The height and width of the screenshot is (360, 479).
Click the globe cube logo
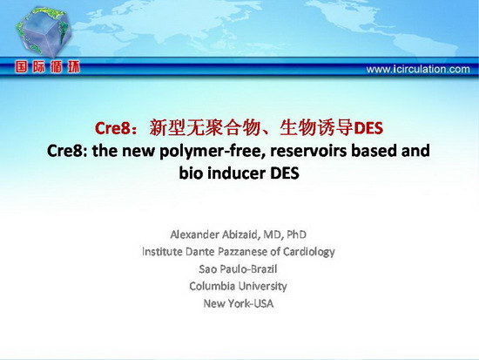(x=44, y=32)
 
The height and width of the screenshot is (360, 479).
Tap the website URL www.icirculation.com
(x=418, y=69)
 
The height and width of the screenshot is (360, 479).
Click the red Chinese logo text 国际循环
(x=48, y=67)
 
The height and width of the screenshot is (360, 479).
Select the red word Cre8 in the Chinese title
(x=112, y=128)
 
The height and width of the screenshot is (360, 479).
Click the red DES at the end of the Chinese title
(x=368, y=128)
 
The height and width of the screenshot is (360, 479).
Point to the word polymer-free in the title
(x=213, y=151)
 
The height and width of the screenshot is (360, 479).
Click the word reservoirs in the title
(x=308, y=151)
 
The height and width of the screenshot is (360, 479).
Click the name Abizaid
(x=241, y=234)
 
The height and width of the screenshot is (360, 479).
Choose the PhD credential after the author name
(x=296, y=234)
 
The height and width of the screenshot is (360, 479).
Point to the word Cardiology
(x=308, y=252)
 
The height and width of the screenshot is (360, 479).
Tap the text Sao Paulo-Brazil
(x=238, y=269)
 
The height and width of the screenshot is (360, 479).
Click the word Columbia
(x=212, y=286)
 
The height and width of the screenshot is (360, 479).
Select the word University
(x=262, y=287)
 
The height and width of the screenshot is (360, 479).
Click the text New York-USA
(x=239, y=303)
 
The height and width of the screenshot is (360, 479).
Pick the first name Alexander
(x=194, y=234)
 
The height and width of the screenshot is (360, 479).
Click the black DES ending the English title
(x=285, y=173)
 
